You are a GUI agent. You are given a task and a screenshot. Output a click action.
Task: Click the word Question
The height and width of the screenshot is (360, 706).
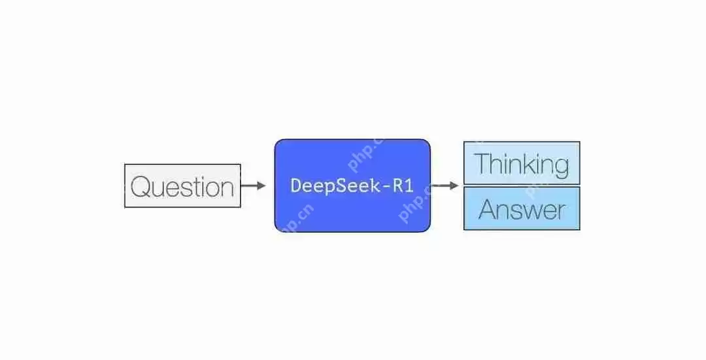tap(182, 187)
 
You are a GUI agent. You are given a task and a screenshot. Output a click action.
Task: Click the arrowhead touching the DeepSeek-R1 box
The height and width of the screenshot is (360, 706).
tap(261, 186)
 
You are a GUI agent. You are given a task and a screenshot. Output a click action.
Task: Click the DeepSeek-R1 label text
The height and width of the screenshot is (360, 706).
tap(352, 186)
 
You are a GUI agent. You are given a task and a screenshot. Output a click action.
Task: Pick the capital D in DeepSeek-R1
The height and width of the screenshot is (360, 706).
tap(295, 186)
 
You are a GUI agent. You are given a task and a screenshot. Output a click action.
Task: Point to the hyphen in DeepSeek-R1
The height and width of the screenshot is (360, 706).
tap(389, 186)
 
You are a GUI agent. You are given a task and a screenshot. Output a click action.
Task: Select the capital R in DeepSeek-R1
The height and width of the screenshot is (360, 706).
tap(399, 186)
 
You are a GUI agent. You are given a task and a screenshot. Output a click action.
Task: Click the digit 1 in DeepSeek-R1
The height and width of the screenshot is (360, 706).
tap(409, 186)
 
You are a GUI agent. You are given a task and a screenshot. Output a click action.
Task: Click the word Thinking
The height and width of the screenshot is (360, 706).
tap(522, 163)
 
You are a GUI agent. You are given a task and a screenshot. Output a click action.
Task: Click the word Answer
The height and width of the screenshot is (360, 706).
tap(522, 210)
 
